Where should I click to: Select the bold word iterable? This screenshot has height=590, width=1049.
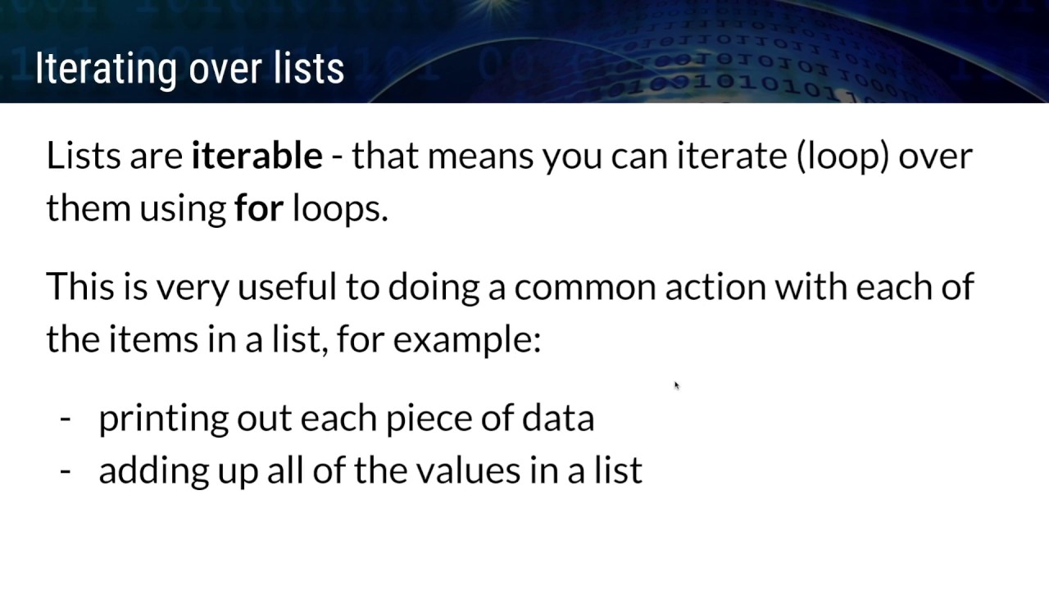(x=257, y=155)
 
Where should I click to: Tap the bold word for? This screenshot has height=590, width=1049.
(x=258, y=208)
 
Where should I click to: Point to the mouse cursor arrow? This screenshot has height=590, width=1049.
(x=676, y=385)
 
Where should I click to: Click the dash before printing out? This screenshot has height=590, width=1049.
(x=66, y=419)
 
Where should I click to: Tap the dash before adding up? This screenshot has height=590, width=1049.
(x=66, y=471)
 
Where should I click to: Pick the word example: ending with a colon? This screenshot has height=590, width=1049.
(x=467, y=340)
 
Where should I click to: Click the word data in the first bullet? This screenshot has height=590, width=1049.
(x=558, y=418)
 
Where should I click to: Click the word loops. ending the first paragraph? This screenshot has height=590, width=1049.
(x=340, y=209)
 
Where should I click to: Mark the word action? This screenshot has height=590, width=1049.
(x=715, y=288)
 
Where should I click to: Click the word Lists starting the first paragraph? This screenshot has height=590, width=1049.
(x=83, y=155)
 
